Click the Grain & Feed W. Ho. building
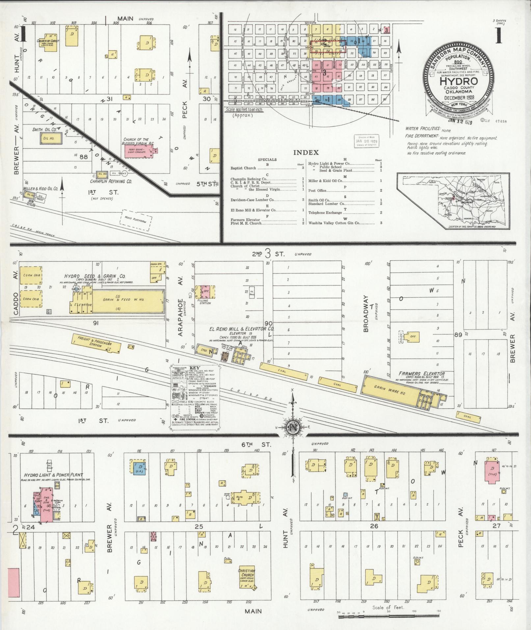click(x=128, y=301)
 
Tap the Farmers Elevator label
click(x=421, y=374)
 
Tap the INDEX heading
click(x=306, y=152)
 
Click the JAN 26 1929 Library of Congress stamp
click(x=366, y=141)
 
